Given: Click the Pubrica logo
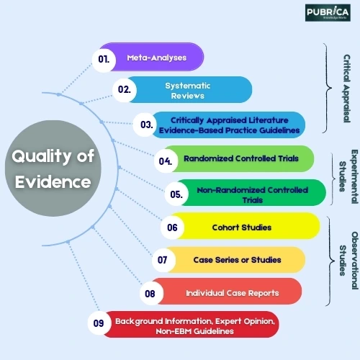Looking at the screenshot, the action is [328, 12].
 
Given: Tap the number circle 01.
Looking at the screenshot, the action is [104, 60].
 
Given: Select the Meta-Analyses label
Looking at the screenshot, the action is [157, 58].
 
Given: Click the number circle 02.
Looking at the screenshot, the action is [125, 90].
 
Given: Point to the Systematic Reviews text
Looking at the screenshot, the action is [188, 91].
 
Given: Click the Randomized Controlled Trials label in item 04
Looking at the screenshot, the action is [241, 158].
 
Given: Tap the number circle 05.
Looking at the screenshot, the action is [176, 194].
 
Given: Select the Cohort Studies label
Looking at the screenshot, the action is [242, 228].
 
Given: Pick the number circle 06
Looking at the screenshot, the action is [172, 228].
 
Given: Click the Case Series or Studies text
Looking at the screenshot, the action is [237, 260].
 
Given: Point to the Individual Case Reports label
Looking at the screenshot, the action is [233, 293].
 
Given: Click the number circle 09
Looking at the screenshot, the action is [99, 323].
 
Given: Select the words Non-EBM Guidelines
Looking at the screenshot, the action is [194, 331].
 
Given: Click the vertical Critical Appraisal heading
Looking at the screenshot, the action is [346, 89].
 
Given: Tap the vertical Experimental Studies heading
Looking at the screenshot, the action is [348, 176].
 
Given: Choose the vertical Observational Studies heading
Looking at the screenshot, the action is [348, 261].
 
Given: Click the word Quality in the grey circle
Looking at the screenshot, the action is [41, 156].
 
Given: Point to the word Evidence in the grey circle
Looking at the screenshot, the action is [53, 182].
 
